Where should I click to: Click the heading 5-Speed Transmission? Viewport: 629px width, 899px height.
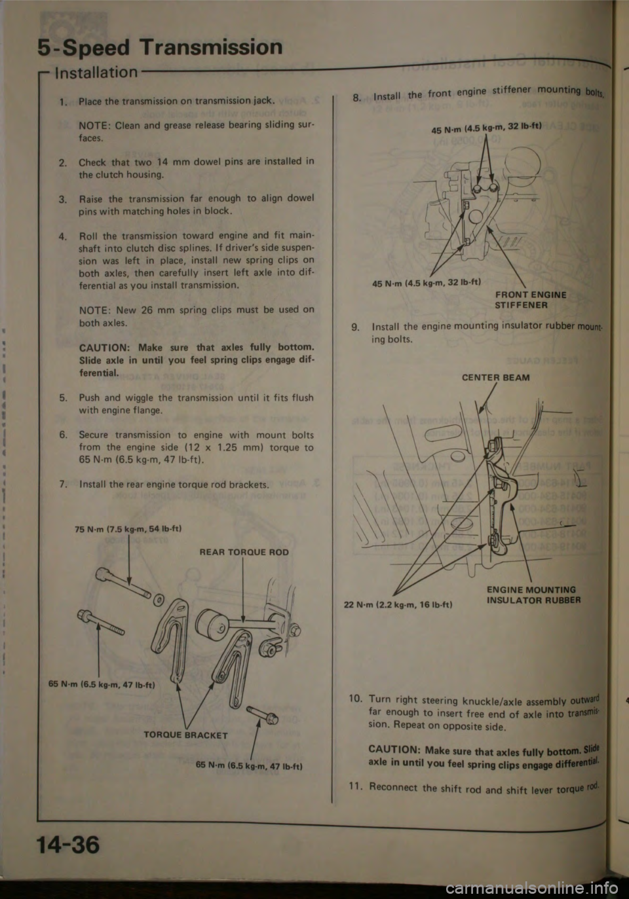click(161, 47)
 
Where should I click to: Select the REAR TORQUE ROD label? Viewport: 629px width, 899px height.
click(244, 552)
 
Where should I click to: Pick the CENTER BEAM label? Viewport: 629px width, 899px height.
click(495, 378)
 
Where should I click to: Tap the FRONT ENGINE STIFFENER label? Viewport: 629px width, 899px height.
click(531, 300)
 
